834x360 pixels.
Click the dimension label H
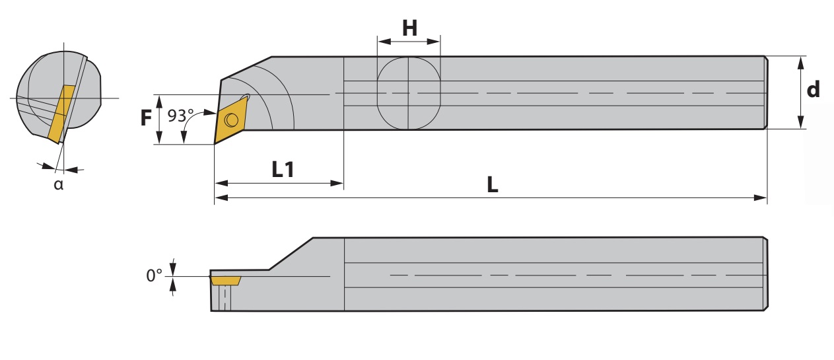tap(410, 28)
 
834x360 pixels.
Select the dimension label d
tap(813, 90)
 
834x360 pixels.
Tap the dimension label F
tap(146, 118)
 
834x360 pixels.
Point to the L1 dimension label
tap(283, 169)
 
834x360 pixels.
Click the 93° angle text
tap(180, 116)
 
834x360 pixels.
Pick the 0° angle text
tap(154, 275)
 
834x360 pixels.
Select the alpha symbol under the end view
tap(59, 184)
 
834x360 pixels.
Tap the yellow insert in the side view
tap(226, 280)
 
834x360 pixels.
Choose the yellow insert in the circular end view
tap(61, 114)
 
